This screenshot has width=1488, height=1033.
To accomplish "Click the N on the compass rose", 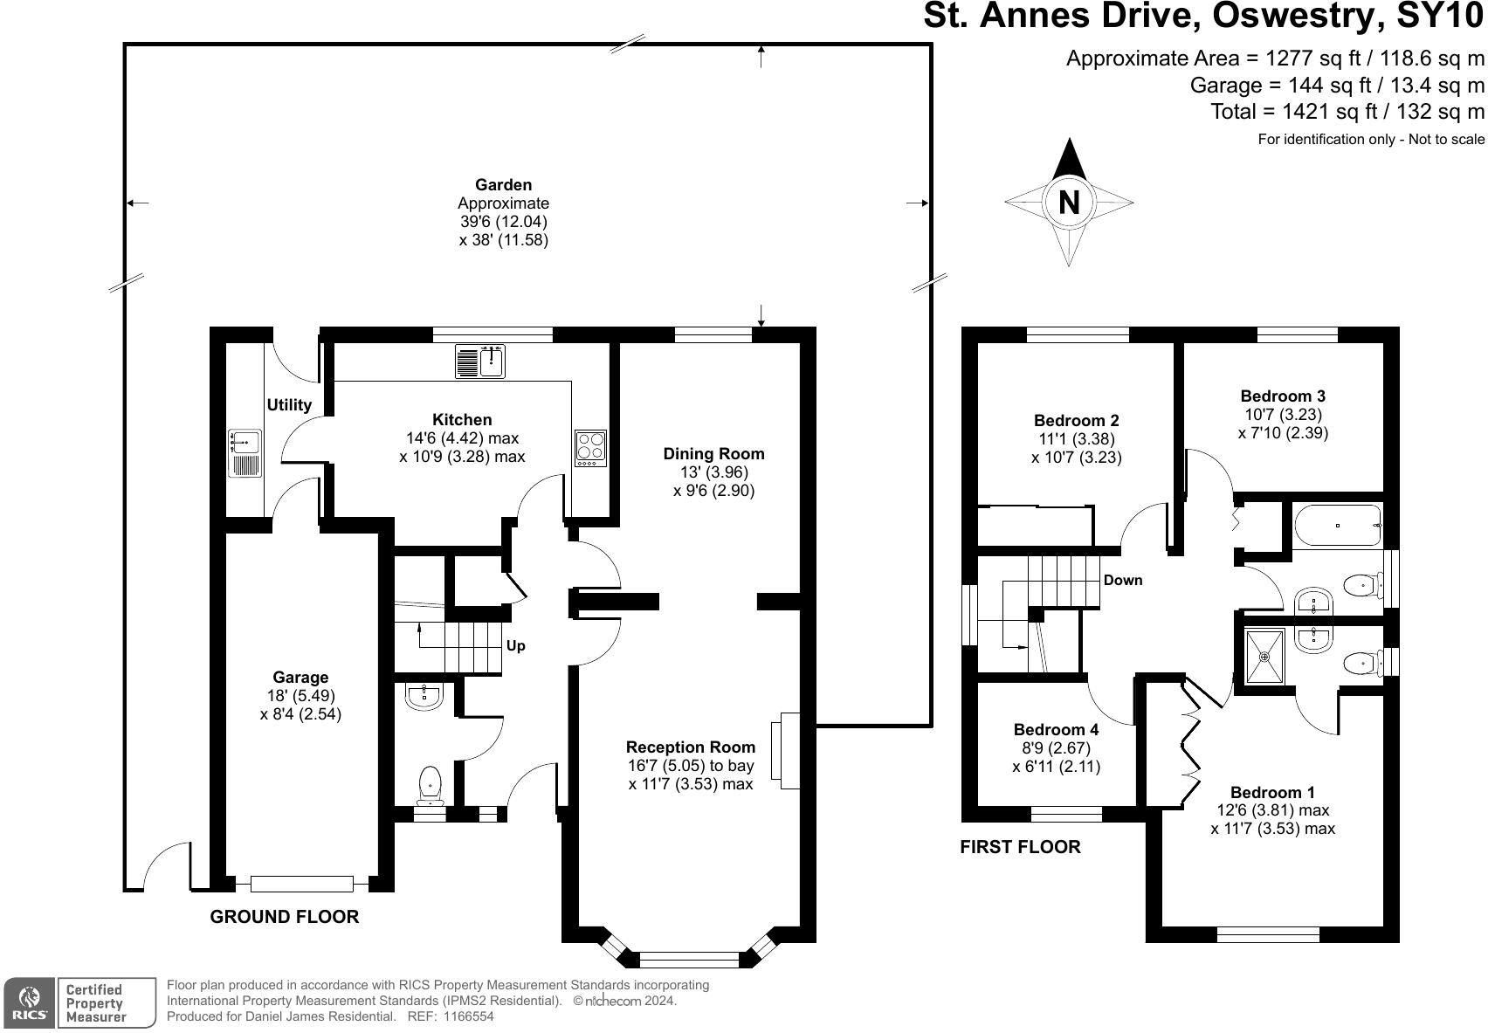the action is pos(1069,202).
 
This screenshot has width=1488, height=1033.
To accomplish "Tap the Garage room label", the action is pos(300,677).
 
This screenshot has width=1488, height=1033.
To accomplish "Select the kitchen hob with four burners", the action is pos(590,448).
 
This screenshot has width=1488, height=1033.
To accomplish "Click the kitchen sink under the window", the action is pos(479,361).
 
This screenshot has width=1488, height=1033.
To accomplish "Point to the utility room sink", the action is pos(245,453).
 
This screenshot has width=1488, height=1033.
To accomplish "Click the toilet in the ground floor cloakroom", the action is pos(431,785).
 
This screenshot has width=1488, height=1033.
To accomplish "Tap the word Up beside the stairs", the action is pos(515,645).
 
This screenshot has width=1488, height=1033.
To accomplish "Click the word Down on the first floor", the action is pos(1123,580).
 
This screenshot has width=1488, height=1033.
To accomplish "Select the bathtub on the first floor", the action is pos(1338,526).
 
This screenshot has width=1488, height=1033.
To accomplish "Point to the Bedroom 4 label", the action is pos(1057,729).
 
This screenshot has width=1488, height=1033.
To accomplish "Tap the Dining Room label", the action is pos(714,454).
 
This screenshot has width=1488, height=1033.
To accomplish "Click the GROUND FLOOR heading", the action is pos(285,917).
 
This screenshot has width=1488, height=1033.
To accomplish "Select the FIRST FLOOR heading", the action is pos(1020,847).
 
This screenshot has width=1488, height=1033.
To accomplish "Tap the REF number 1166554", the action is pos(468,1016).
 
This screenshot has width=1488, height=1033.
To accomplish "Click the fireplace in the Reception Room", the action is pos(785,751).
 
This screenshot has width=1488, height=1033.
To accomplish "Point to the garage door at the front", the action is pos(302,884).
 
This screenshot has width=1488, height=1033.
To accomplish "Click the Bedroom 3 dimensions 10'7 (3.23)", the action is pos(1283,415).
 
